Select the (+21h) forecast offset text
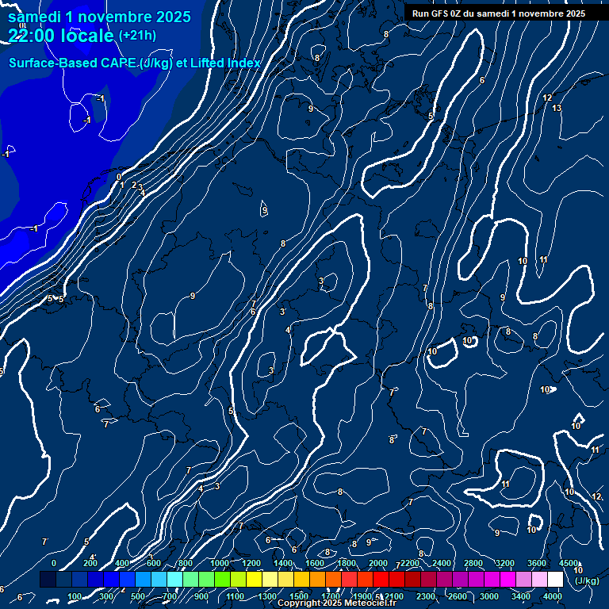click(x=137, y=35)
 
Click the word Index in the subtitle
click(x=242, y=63)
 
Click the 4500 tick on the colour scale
click(x=568, y=563)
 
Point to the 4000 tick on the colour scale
click(x=553, y=596)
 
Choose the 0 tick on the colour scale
click(x=54, y=563)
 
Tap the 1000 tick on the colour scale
click(x=219, y=563)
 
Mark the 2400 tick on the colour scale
click(x=442, y=563)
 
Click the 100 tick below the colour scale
click(x=75, y=596)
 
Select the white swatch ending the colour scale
click(x=555, y=580)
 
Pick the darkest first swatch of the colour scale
click(x=48, y=580)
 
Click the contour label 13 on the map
click(x=557, y=108)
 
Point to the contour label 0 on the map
click(x=119, y=177)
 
